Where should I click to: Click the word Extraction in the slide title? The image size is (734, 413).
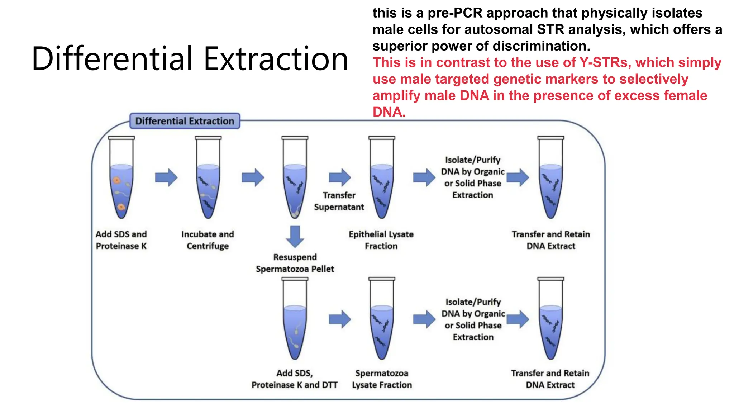[x=276, y=59]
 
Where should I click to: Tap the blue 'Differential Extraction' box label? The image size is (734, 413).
[x=185, y=121]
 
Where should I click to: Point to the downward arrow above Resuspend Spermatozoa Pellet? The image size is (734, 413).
[x=295, y=236]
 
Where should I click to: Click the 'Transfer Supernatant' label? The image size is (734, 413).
[x=339, y=201]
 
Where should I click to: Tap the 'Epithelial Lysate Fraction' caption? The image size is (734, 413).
[x=381, y=240]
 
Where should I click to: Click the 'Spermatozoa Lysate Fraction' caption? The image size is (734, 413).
[x=382, y=379]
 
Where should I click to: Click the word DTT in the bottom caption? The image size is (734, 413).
[x=330, y=385]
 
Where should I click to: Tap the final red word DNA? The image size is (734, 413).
[x=389, y=112]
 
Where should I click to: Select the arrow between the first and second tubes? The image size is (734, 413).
[x=166, y=177]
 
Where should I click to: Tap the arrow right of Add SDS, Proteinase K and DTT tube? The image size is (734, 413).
[x=339, y=319]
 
